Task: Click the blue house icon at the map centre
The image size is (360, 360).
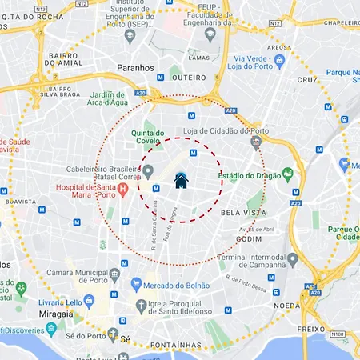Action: point(181,181)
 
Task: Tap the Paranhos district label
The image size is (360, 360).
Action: point(134,68)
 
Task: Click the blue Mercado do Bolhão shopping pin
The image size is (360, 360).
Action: point(136,284)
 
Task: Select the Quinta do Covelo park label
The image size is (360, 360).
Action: point(148,138)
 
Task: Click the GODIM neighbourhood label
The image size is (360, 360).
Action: point(250,238)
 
